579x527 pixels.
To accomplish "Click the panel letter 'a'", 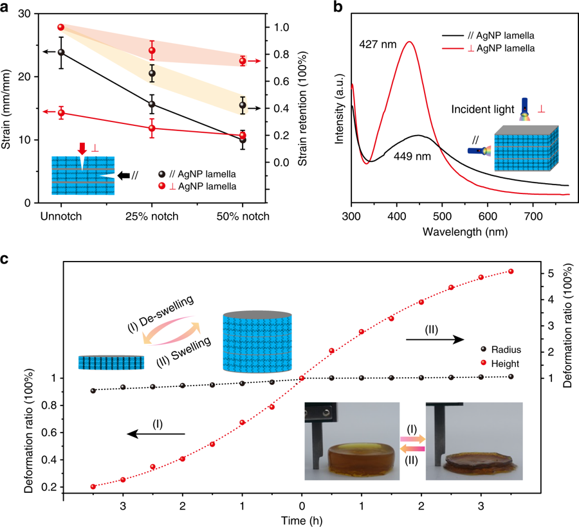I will tap(6, 7).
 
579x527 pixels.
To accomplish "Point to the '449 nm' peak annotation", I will tap(407, 155).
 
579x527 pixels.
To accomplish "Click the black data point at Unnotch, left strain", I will tap(61, 52).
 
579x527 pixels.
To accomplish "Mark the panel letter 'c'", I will tap(6, 260).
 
